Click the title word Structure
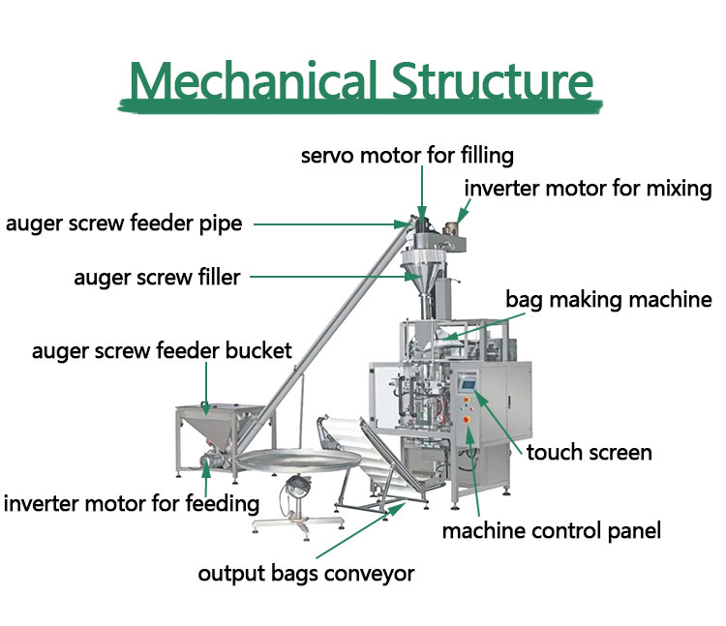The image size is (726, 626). coord(493,80)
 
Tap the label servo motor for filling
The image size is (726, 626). coord(407,156)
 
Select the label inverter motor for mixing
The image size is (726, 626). coord(588,189)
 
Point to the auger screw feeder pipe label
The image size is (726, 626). coord(124,224)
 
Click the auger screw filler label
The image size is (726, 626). coord(157,277)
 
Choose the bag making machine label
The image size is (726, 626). coord(609,299)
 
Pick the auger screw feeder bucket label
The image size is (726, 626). coord(162,350)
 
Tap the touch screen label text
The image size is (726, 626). coord(589,452)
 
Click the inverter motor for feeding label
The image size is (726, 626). coord(131,503)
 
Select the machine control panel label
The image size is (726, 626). coord(552,531)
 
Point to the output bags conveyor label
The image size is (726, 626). coord(306,574)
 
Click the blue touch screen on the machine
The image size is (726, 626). coord(468,384)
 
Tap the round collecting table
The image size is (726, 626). coord(299,460)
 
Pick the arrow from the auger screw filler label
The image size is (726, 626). coord(336,277)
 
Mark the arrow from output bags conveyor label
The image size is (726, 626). coord(361,530)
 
